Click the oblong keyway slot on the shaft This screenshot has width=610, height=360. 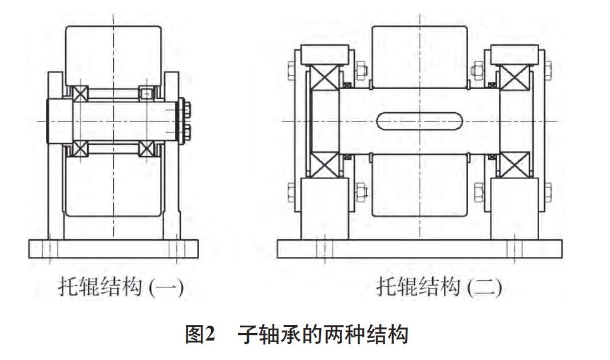coord(419,122)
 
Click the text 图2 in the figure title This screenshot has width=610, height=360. coord(200,333)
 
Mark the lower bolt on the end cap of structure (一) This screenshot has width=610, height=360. coord(186,134)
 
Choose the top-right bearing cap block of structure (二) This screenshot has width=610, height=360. coord(514,55)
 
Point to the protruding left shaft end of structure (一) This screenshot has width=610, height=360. coord(57,121)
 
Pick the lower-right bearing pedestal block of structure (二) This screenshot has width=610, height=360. coord(514,208)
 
